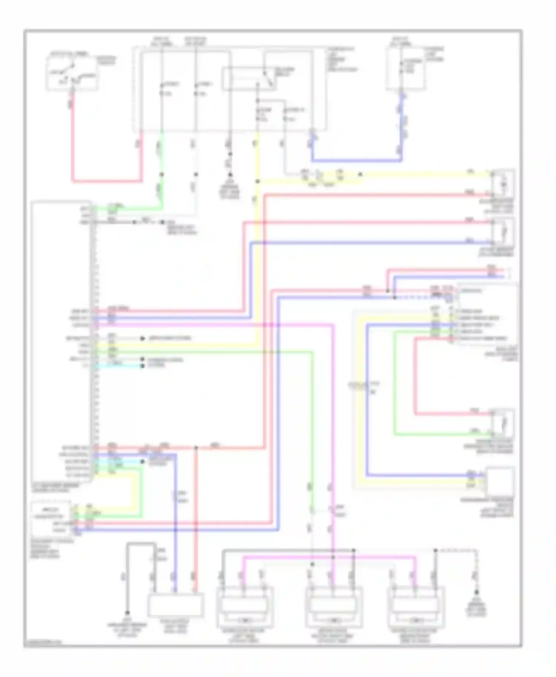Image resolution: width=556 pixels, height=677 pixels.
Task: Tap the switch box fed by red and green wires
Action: (503, 423)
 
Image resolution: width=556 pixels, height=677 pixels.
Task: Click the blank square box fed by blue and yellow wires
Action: (500, 481)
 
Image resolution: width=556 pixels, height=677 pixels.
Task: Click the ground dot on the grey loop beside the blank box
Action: (127, 613)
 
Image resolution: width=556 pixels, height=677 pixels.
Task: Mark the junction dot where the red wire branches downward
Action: (196, 448)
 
